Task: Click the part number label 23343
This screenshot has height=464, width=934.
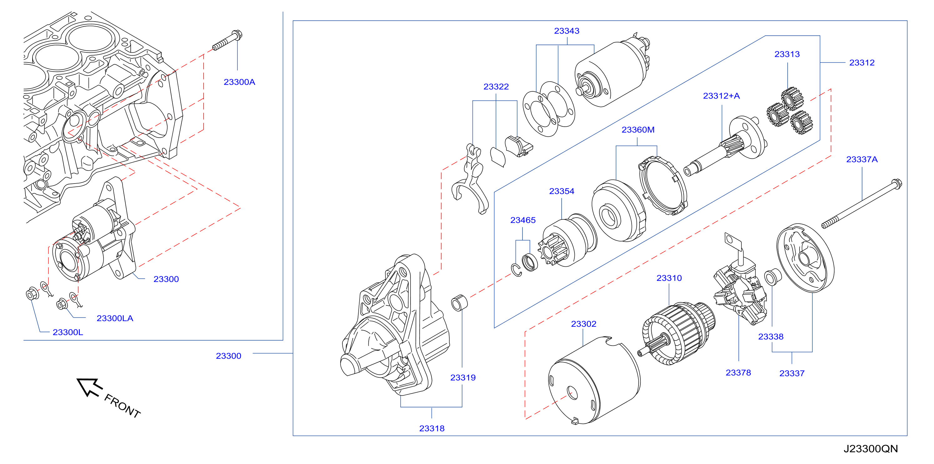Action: click(566, 31)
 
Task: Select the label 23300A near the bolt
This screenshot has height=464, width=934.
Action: click(239, 82)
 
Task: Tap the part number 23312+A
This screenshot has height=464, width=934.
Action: click(721, 96)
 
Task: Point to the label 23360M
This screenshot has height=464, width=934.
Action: click(638, 129)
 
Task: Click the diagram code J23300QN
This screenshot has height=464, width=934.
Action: click(871, 449)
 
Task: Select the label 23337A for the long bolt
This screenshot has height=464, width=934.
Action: click(862, 159)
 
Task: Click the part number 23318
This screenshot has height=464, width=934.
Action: click(432, 428)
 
